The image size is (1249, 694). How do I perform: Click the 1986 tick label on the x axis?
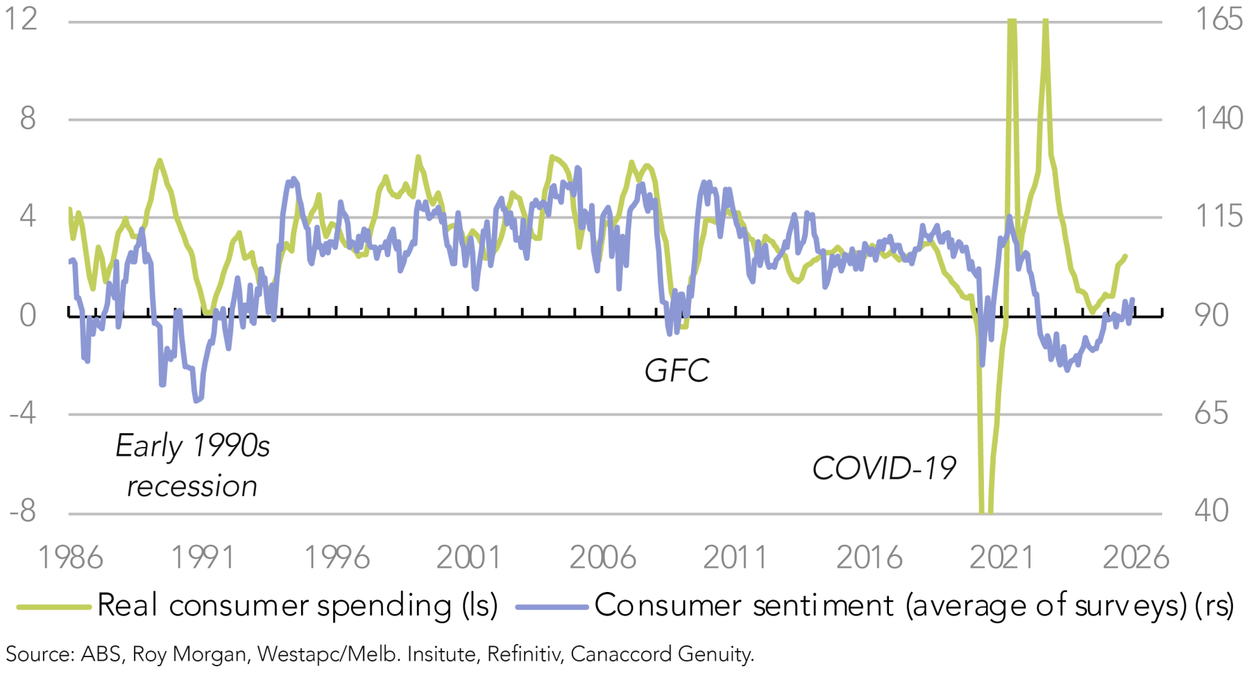(x=70, y=557)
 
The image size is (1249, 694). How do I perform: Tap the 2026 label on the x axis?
(x=1136, y=557)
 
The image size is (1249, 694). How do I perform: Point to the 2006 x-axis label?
(x=602, y=557)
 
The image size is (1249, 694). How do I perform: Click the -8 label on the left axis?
(x=22, y=511)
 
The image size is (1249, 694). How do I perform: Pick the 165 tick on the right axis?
(x=1218, y=19)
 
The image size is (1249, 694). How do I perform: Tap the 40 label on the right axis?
(x=1212, y=511)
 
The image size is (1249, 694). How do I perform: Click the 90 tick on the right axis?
(x=1212, y=315)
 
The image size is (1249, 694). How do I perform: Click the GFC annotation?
(x=677, y=371)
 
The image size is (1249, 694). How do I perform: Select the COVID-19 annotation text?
(x=884, y=468)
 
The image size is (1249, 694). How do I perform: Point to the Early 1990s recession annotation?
(x=192, y=466)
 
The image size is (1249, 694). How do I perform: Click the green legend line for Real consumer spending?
(x=54, y=607)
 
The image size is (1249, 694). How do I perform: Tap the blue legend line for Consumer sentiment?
(x=552, y=607)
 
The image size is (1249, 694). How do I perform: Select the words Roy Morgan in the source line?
(x=189, y=654)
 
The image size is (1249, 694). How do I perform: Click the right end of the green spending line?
(x=1125, y=256)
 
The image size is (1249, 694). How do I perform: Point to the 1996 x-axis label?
(x=337, y=557)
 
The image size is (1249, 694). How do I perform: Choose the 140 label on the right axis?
(x=1218, y=119)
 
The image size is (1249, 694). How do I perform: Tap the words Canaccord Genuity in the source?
(x=662, y=654)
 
